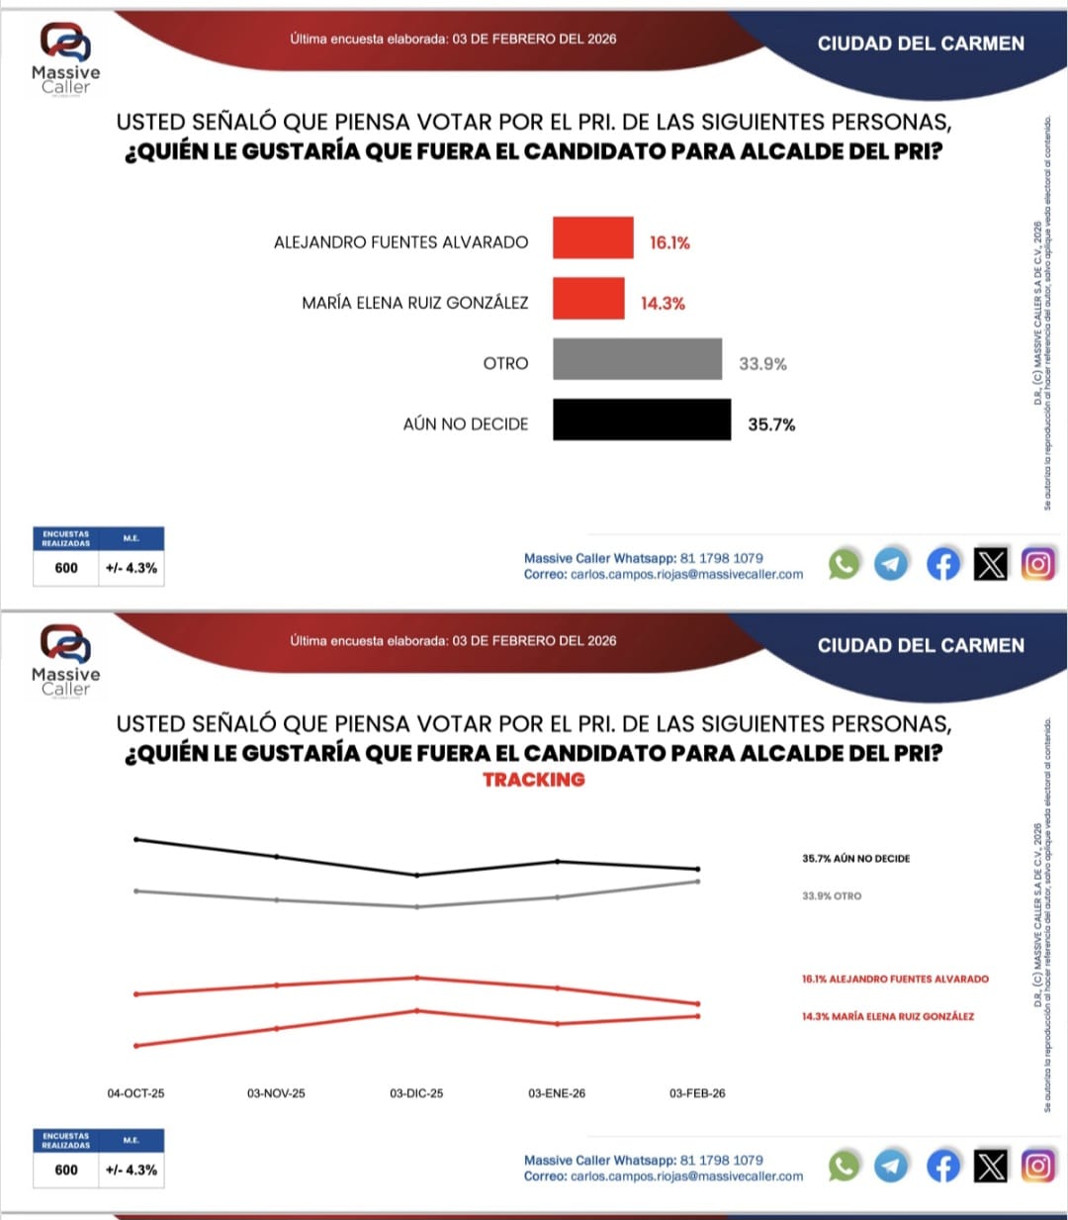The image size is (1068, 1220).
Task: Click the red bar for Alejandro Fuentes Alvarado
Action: tap(592, 238)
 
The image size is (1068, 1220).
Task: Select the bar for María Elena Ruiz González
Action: tap(588, 299)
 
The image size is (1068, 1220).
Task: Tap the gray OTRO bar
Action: tap(637, 359)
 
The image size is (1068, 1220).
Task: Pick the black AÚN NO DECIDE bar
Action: tap(642, 421)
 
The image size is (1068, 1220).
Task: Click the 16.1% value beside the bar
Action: tap(669, 243)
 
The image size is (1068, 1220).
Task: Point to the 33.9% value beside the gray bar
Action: tap(762, 364)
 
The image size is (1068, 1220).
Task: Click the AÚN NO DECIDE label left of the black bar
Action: tap(466, 424)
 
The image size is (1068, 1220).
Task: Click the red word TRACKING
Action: tap(534, 780)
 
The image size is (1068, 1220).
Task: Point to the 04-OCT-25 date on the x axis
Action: tap(136, 1093)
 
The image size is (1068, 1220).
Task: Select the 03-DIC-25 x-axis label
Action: tap(416, 1093)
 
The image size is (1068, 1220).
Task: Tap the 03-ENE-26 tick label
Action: tap(557, 1093)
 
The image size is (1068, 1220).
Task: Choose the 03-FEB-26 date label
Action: tap(697, 1093)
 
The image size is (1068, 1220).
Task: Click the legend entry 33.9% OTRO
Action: tap(832, 896)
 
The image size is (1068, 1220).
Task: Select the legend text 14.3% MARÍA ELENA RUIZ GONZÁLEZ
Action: tap(887, 1016)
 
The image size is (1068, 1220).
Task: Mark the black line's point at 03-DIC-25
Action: tap(417, 875)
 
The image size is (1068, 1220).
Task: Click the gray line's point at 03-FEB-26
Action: tap(698, 882)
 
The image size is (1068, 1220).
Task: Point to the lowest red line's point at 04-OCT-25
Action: tap(136, 1045)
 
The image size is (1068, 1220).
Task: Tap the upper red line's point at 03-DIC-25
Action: tap(417, 978)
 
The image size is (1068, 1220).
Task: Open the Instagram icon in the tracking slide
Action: tap(1037, 1166)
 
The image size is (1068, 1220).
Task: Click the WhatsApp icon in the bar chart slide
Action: tap(844, 564)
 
